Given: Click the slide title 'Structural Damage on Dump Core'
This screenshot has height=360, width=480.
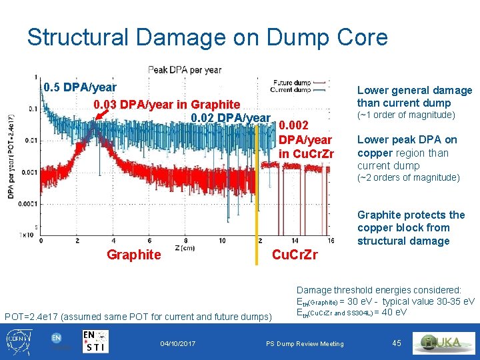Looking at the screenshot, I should (x=207, y=37).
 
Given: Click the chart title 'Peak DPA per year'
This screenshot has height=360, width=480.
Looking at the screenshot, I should (x=185, y=70).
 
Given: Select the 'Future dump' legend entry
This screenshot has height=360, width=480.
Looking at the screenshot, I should (x=287, y=83).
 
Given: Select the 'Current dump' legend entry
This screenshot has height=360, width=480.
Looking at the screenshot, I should (x=287, y=89).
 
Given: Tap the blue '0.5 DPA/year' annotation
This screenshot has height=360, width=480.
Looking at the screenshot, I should (x=79, y=87).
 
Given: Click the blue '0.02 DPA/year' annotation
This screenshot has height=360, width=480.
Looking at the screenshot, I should (x=230, y=118).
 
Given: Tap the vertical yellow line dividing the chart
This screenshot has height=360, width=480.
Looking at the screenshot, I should (x=257, y=200).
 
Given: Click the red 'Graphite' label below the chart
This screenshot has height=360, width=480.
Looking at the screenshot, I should (x=134, y=255).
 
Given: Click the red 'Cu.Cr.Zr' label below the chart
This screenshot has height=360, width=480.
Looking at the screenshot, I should (x=295, y=255).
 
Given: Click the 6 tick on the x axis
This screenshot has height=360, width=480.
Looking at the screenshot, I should (x=149, y=241).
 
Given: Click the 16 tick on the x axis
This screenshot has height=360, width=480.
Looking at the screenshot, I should (x=331, y=241).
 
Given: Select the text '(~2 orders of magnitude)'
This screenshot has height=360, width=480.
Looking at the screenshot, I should (x=408, y=178).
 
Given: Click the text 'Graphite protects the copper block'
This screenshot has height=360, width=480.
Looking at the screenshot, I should (x=411, y=221).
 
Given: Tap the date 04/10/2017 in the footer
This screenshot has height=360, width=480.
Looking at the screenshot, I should (x=178, y=343).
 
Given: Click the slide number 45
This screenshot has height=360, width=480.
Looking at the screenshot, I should (x=397, y=343).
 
